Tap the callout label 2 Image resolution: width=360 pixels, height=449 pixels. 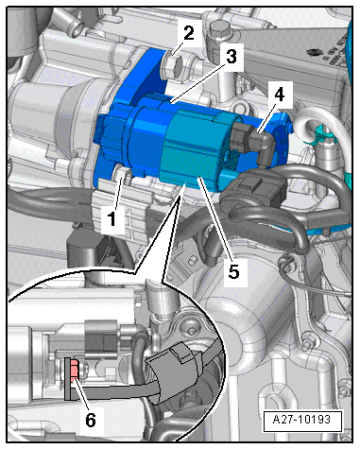[190, 35]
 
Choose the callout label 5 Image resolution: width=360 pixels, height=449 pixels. [232, 272]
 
